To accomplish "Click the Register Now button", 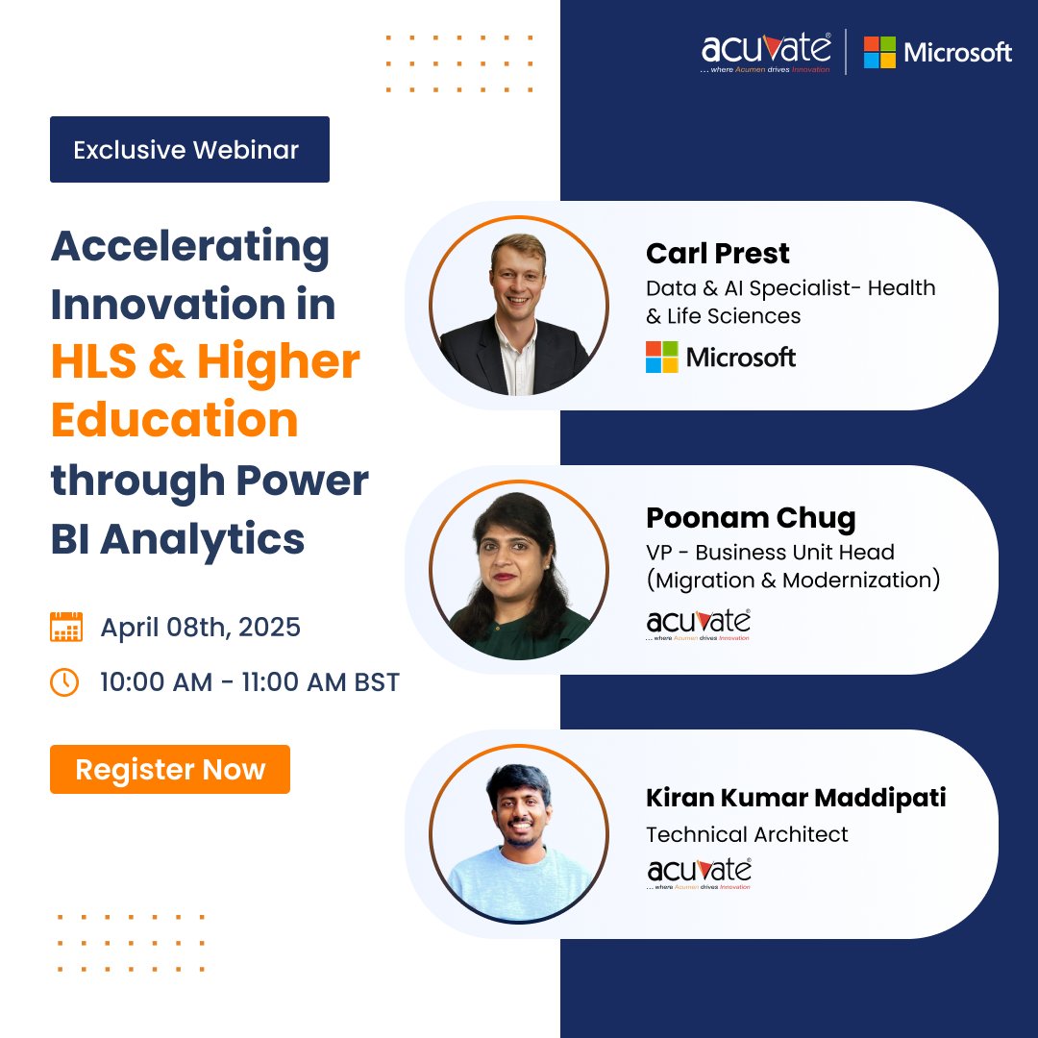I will [x=170, y=769].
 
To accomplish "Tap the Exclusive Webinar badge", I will [x=189, y=150].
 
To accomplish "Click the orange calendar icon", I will [x=66, y=627].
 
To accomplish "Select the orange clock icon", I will [x=65, y=682].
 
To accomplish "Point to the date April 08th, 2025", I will [x=200, y=628].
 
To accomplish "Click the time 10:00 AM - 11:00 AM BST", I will [x=250, y=682].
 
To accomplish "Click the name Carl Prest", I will [x=718, y=254].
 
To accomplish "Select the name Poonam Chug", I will [x=751, y=518].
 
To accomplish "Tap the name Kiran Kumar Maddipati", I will [x=796, y=798].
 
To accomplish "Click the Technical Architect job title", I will [x=747, y=834].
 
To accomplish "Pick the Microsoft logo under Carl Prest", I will [x=721, y=358].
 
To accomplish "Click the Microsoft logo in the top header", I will [x=937, y=52].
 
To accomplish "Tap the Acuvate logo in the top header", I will [x=766, y=52].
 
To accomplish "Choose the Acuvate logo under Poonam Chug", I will [x=699, y=623].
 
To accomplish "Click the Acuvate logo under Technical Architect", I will [x=699, y=872].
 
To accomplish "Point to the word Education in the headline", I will [x=174, y=421].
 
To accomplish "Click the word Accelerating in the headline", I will [x=190, y=247].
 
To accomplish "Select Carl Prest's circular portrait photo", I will [x=519, y=306].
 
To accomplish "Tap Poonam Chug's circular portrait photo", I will [x=519, y=570].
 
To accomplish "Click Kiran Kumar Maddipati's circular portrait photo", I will [x=519, y=833].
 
